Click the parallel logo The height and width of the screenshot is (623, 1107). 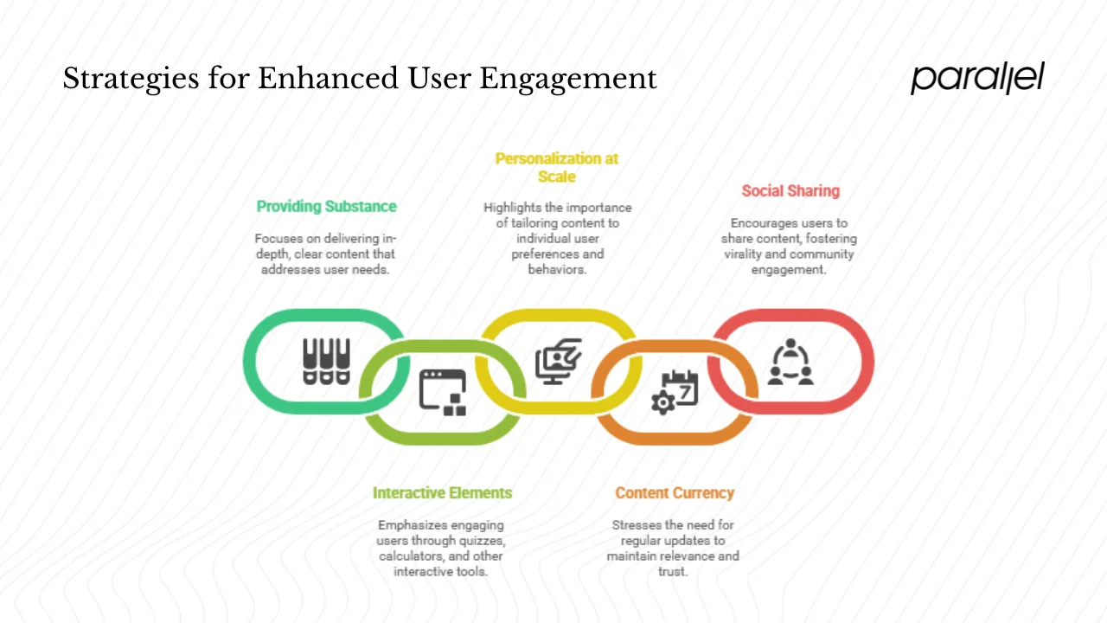(977, 78)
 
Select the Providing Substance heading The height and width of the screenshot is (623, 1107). (326, 207)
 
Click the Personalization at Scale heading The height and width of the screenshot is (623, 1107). (557, 167)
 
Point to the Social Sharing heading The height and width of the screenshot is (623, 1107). (790, 191)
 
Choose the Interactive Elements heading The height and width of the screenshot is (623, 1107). (442, 493)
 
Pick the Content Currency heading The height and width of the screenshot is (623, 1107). (675, 493)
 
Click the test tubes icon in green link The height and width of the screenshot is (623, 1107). (326, 362)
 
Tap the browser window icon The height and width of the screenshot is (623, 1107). (442, 391)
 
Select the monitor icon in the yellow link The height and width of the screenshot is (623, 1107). (558, 362)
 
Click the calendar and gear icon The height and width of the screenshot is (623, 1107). (675, 391)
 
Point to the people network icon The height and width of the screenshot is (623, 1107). (790, 362)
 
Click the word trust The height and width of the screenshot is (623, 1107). (673, 572)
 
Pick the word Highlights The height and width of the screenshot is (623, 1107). (511, 208)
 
